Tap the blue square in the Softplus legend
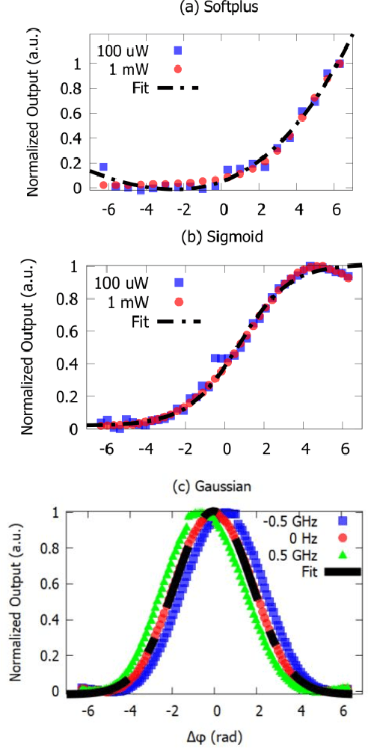(177, 51)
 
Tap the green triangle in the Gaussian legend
(346, 556)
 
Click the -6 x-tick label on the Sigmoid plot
(107, 453)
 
